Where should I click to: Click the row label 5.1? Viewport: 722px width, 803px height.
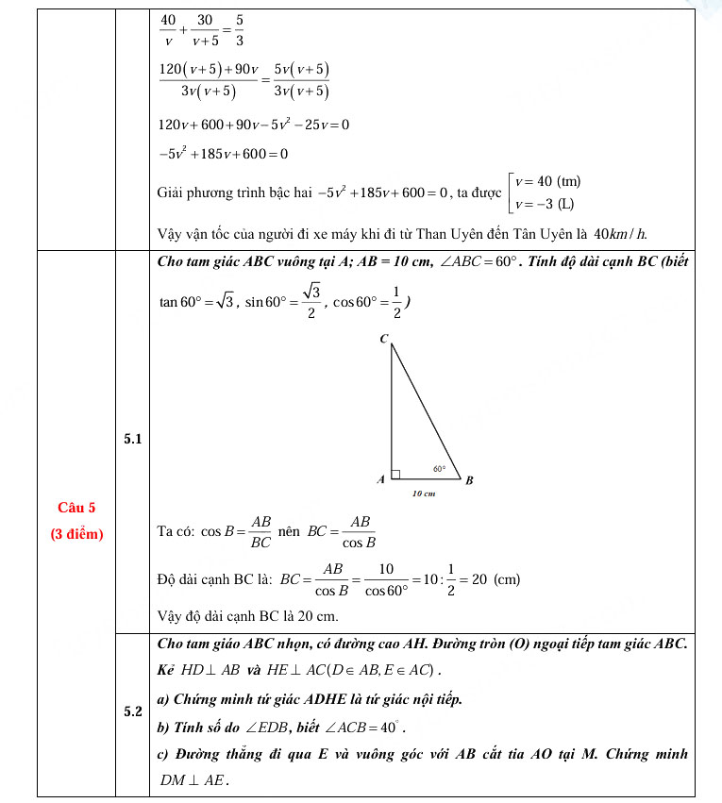pos(132,439)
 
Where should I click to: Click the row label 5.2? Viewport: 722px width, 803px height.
pos(132,711)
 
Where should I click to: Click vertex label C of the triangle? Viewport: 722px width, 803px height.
pos(384,338)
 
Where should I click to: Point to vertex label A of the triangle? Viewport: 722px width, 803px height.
pos(380,479)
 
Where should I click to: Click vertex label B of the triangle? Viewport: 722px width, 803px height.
pos(469,480)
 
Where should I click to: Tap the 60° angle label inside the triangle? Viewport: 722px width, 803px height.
pos(439,467)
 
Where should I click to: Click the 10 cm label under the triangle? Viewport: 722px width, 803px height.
pos(423,494)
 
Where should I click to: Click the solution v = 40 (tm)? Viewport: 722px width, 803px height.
pos(547,181)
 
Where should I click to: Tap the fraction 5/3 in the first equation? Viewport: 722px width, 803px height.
pos(239,30)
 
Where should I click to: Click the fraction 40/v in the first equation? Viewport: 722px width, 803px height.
pos(168,30)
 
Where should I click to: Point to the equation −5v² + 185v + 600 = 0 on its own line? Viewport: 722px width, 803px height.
pos(223,154)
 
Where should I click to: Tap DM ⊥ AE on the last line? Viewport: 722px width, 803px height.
pos(194,780)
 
